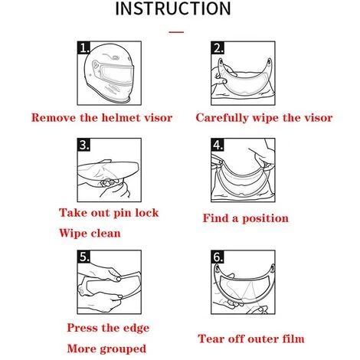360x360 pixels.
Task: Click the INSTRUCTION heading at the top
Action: pyautogui.click(x=173, y=8)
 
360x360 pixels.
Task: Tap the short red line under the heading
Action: pyautogui.click(x=176, y=32)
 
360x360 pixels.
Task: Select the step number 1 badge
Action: pyautogui.click(x=83, y=47)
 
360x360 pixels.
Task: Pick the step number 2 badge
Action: pyautogui.click(x=218, y=47)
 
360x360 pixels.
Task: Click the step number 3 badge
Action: pyautogui.click(x=83, y=145)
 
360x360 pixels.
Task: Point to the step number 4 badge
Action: pyautogui.click(x=218, y=145)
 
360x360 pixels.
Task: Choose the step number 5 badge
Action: pyautogui.click(x=83, y=257)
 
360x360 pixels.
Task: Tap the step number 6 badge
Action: pyautogui.click(x=218, y=257)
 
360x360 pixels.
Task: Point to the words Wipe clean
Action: pyautogui.click(x=90, y=234)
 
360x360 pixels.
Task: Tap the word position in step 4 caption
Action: pyautogui.click(x=265, y=218)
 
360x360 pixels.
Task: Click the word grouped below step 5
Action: pyautogui.click(x=123, y=349)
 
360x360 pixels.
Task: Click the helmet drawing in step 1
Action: pyautogui.click(x=110, y=74)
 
